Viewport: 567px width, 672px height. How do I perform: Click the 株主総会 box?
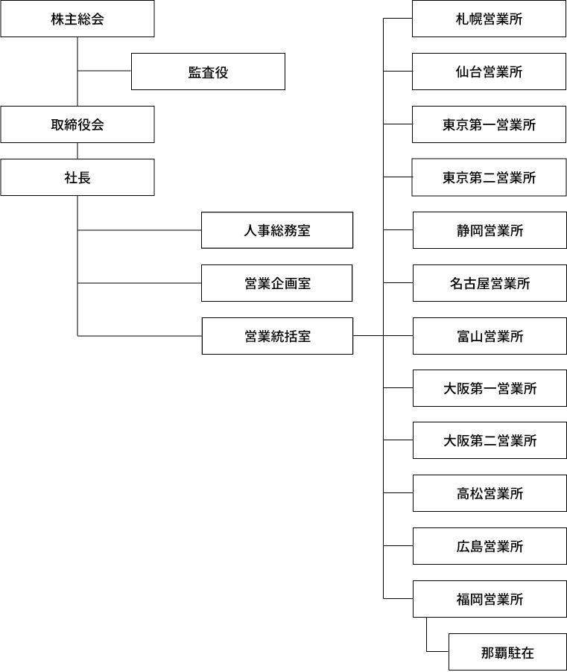pos(77,19)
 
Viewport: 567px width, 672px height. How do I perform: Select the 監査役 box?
pos(208,72)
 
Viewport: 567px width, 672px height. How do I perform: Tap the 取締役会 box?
pos(77,124)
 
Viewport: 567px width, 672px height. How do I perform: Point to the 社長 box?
pos(77,177)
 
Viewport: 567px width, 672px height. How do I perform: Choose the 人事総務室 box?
pos(277,230)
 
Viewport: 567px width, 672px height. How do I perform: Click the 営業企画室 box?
pos(277,283)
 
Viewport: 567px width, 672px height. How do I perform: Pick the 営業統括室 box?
pos(277,336)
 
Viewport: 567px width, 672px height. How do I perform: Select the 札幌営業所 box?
pos(489,19)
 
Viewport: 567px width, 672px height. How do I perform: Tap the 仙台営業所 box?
pos(489,72)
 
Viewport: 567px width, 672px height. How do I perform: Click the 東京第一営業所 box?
pos(489,124)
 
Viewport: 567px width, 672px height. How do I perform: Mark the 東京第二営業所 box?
pos(489,177)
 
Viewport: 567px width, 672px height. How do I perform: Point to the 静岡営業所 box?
pos(490,230)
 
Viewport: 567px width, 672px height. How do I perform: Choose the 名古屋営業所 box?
pos(490,283)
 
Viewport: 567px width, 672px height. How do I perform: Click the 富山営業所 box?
pos(490,336)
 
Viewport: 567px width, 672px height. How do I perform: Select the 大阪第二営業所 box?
pos(490,440)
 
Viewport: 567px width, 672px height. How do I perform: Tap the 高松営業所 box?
pos(490,493)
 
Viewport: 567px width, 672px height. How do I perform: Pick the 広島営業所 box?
pos(490,546)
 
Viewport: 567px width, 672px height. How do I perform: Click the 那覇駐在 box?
pos(508,652)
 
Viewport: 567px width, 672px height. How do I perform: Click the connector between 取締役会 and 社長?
pos(77,150)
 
